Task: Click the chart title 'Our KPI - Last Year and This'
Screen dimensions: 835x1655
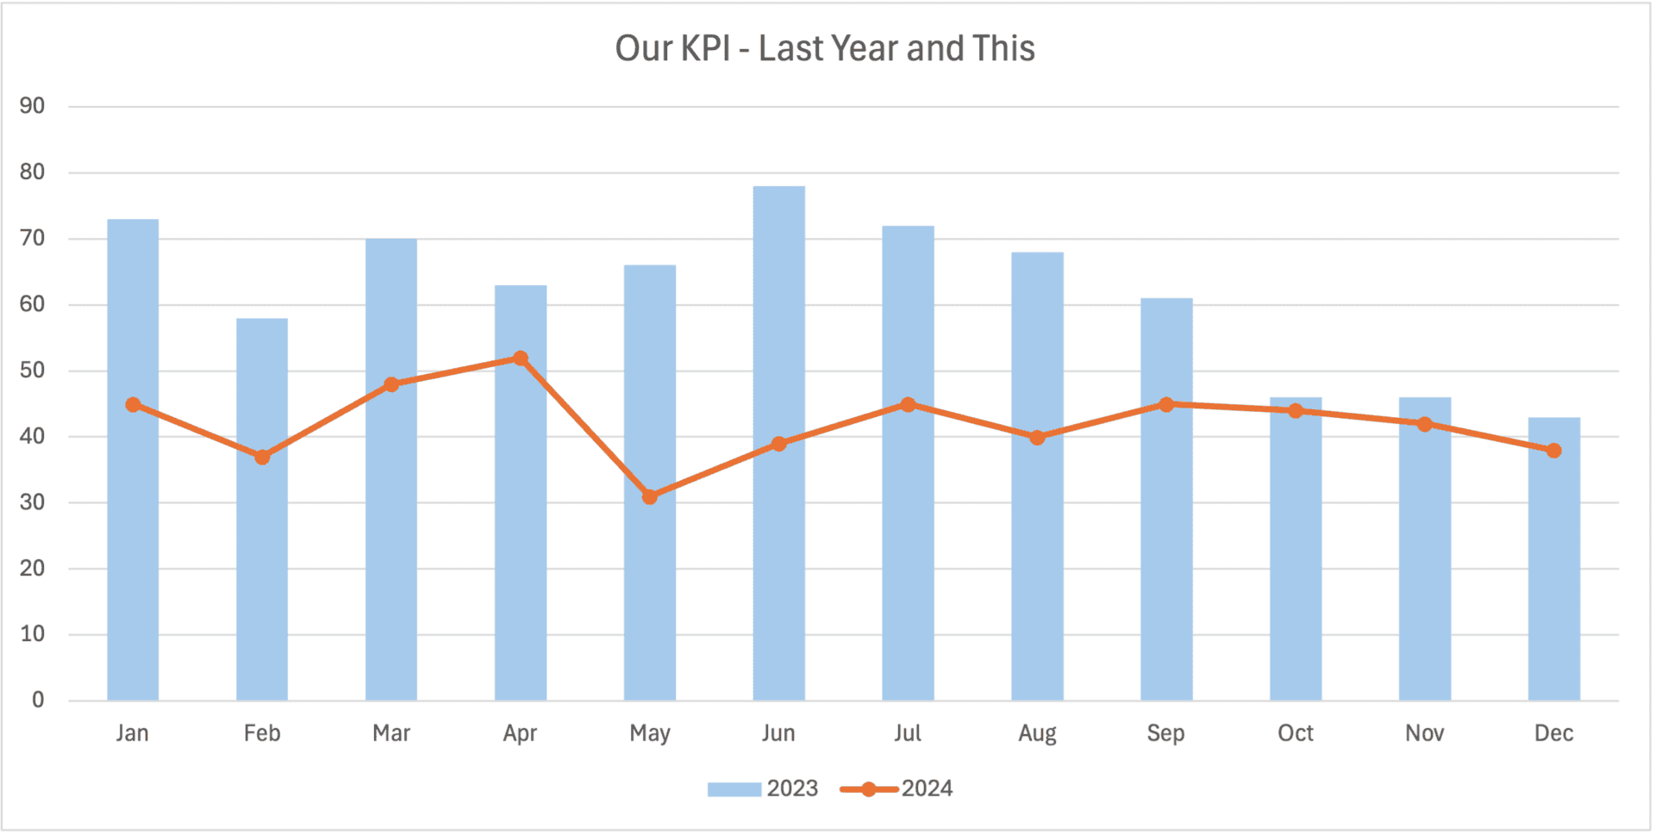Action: (x=825, y=49)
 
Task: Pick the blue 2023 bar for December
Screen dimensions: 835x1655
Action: (x=1553, y=586)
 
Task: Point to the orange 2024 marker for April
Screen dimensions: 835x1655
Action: (x=521, y=358)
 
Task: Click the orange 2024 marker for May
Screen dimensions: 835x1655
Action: (x=650, y=496)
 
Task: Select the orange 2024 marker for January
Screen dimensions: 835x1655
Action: (x=133, y=404)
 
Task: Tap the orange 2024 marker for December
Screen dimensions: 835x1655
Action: (x=1553, y=451)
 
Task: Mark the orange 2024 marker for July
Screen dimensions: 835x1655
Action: (x=908, y=404)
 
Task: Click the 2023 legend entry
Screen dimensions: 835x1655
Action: (x=763, y=788)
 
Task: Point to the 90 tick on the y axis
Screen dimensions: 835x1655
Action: (x=32, y=106)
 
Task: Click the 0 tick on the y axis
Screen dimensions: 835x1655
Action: (x=38, y=700)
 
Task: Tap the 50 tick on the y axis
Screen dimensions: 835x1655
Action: (x=32, y=371)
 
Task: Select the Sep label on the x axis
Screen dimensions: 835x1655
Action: (x=1165, y=733)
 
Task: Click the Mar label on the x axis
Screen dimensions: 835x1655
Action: (x=391, y=733)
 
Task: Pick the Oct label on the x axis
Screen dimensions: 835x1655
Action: (x=1295, y=733)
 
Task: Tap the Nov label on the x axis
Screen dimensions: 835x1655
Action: (x=1424, y=733)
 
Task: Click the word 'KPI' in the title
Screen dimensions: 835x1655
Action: (x=706, y=49)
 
